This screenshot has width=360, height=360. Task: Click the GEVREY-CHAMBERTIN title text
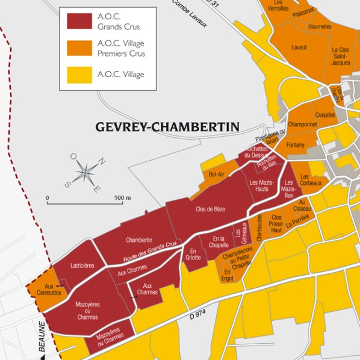(x=167, y=127)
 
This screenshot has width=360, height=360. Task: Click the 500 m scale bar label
(x=123, y=197)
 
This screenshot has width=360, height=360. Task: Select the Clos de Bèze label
(x=209, y=209)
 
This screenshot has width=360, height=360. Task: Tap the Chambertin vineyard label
(x=139, y=240)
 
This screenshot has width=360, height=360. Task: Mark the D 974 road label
(x=197, y=315)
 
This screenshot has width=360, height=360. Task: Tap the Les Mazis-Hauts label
(x=261, y=185)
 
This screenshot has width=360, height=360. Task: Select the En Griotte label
(x=193, y=253)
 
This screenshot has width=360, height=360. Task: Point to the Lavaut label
(x=299, y=47)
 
